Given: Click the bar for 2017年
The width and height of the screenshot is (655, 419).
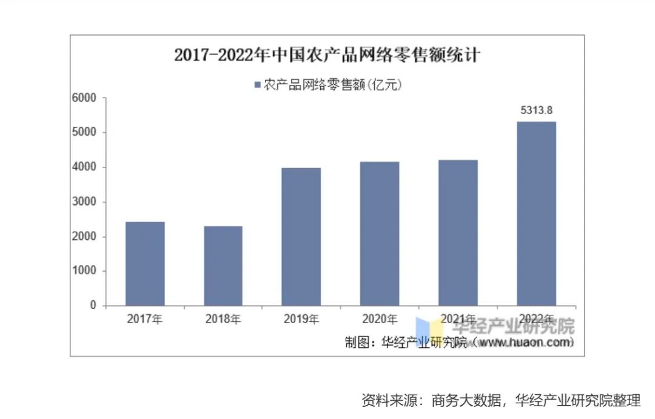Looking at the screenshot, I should tap(145, 264).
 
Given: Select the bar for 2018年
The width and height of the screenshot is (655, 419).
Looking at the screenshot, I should tap(223, 266).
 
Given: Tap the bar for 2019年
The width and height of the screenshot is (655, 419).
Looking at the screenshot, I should tap(301, 237).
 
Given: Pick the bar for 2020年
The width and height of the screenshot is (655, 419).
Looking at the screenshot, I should tap(380, 234).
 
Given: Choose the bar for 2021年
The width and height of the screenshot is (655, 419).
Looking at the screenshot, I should tap(458, 233).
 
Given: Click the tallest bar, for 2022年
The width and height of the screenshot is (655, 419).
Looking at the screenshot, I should tap(536, 213).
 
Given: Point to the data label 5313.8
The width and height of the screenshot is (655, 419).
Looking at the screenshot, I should tap(537, 110).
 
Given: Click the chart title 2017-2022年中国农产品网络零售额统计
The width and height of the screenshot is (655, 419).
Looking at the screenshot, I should tap(327, 55).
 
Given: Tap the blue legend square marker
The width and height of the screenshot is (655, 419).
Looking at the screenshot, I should tap(257, 85).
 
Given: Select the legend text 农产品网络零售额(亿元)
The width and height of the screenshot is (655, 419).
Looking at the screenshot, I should tap(333, 85).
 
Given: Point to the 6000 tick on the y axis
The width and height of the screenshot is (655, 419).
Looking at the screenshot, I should tap(84, 98).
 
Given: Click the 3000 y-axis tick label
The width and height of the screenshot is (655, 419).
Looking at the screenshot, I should tap(84, 202).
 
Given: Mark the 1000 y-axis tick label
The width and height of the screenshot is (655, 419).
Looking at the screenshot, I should tap(84, 271).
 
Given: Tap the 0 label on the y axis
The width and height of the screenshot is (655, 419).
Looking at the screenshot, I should tap(93, 306).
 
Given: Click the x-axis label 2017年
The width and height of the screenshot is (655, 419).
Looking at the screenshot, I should tap(145, 319).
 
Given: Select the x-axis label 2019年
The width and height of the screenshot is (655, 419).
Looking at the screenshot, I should tap(301, 319).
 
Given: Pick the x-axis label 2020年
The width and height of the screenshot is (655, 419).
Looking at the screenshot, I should tap(380, 319).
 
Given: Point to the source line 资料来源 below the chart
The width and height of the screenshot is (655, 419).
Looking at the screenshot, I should tap(500, 400).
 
